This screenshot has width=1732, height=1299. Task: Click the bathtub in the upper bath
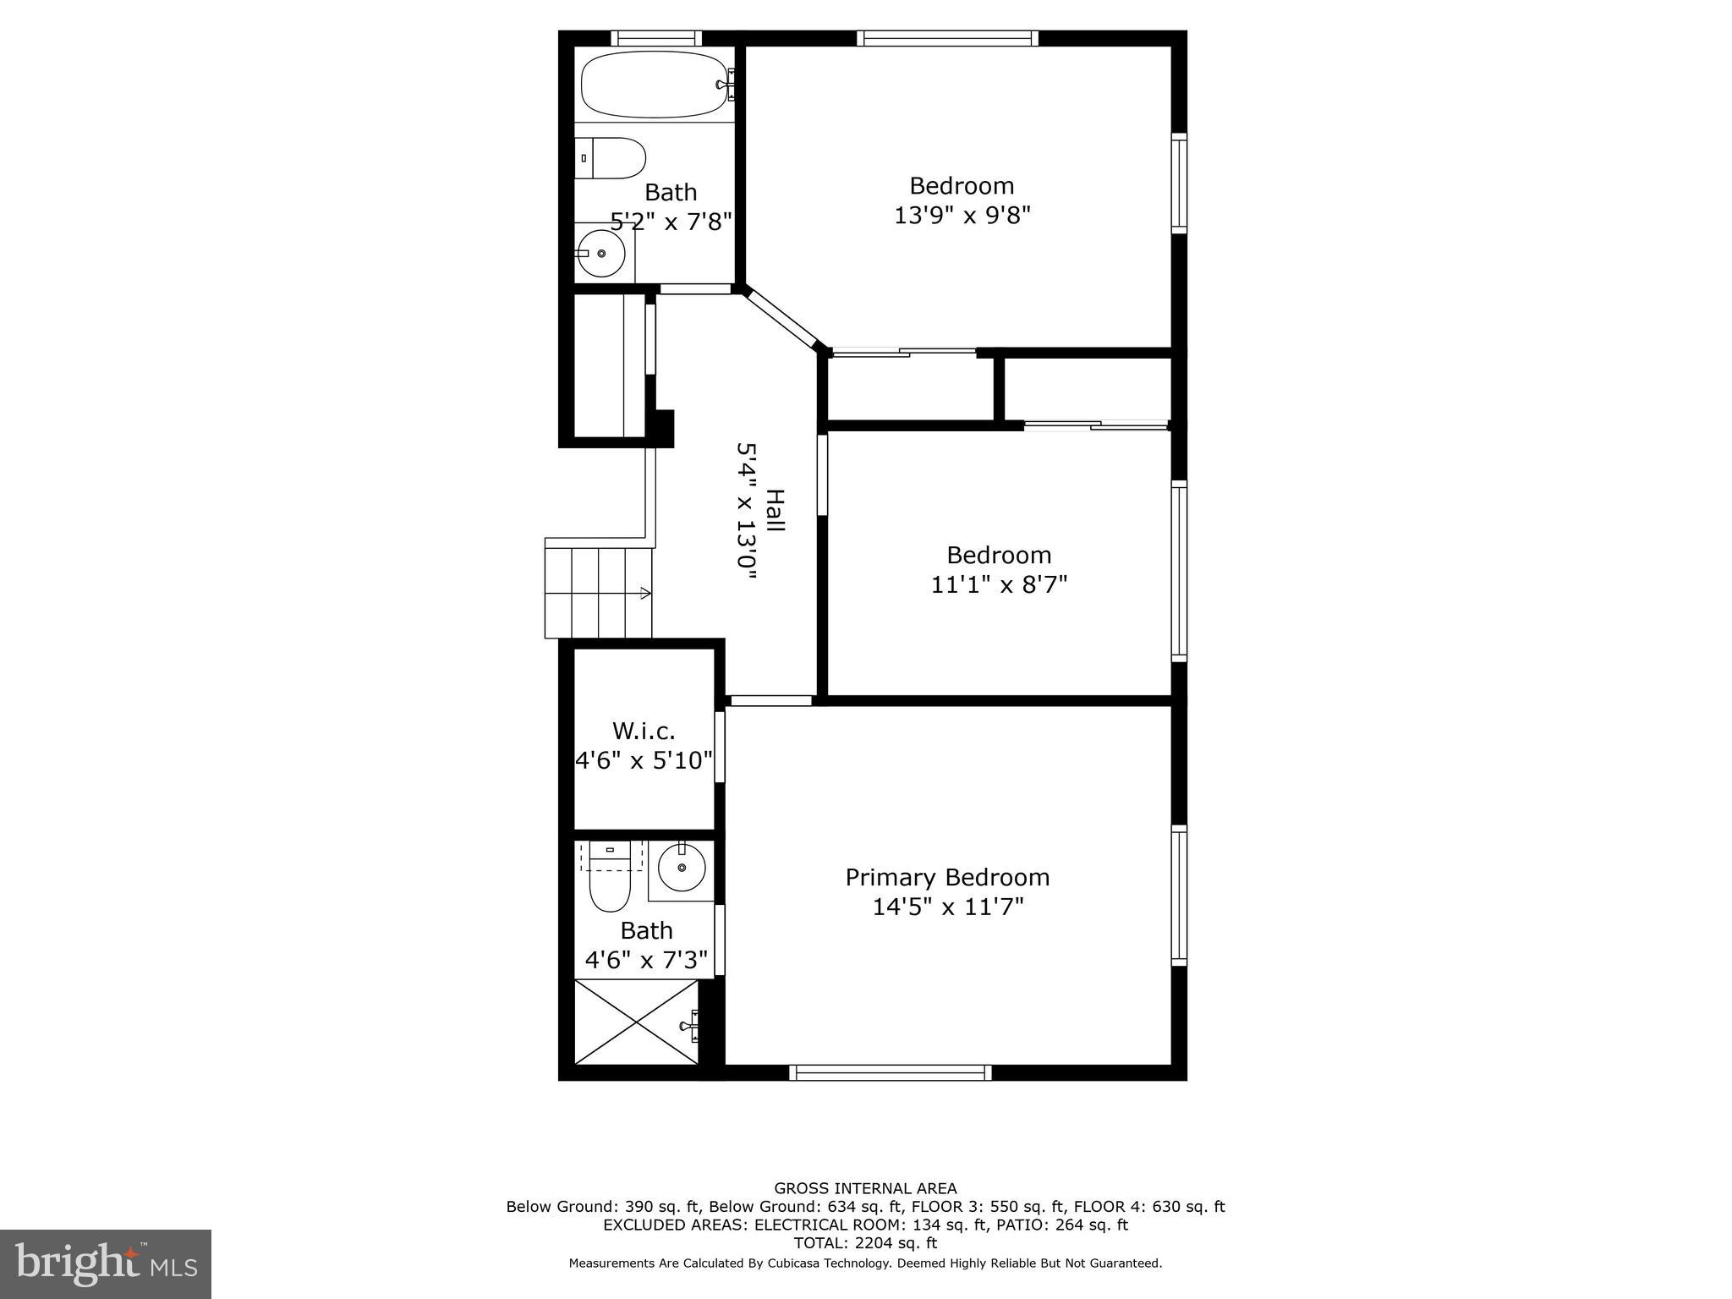pyautogui.click(x=653, y=84)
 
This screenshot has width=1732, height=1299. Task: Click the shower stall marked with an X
pyautogui.click(x=636, y=1022)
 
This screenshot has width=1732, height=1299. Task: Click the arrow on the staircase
pyautogui.click(x=644, y=593)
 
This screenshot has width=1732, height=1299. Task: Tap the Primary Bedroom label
pyautogui.click(x=947, y=877)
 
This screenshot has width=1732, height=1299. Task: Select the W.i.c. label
pyautogui.click(x=644, y=730)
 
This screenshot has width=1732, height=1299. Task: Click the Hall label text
pyautogui.click(x=775, y=511)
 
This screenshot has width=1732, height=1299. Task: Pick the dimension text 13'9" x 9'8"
pyautogui.click(x=962, y=216)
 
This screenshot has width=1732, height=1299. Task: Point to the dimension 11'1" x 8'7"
pyautogui.click(x=999, y=584)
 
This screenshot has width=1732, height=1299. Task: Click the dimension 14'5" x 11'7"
pyautogui.click(x=947, y=907)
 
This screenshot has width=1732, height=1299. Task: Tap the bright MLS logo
pyautogui.click(x=106, y=1263)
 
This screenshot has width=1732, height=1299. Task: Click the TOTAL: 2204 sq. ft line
pyautogui.click(x=865, y=1243)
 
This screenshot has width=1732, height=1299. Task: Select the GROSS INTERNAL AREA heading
pyautogui.click(x=865, y=1188)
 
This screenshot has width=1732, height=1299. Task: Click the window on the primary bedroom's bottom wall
pyautogui.click(x=890, y=1072)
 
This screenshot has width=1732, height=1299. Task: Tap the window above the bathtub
pyautogui.click(x=655, y=38)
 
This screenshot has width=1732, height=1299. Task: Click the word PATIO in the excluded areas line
pyautogui.click(x=1014, y=1225)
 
